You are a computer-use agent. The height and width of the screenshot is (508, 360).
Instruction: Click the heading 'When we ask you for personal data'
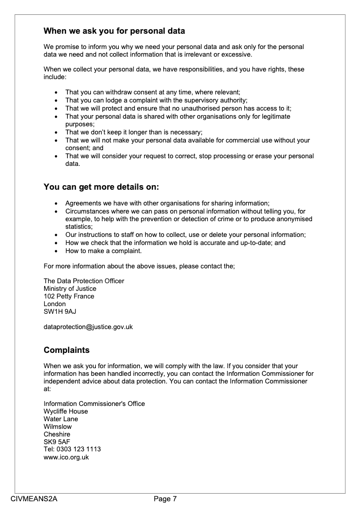114,31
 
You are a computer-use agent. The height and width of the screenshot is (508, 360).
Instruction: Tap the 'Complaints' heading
67,350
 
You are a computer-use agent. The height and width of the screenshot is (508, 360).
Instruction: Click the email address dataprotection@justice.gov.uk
88,327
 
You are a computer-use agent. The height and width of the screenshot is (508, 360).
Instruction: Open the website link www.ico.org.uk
66,457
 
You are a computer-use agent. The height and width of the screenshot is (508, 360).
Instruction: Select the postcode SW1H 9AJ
57,312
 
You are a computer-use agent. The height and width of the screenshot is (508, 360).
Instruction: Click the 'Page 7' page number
165,499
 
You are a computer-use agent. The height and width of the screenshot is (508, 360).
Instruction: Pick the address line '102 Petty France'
69,296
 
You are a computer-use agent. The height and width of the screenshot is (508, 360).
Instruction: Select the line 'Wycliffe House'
66,411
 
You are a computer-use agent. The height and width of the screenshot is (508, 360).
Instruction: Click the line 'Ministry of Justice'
70,289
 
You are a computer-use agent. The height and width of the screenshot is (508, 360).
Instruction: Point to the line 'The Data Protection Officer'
84,281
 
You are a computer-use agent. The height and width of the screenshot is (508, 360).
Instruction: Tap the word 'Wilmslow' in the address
58,427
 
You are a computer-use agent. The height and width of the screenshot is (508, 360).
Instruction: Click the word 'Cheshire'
57,434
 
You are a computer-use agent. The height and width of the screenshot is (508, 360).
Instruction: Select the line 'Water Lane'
61,419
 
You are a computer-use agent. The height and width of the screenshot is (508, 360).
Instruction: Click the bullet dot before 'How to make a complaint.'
56,251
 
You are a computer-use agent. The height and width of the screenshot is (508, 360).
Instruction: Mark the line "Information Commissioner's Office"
94,404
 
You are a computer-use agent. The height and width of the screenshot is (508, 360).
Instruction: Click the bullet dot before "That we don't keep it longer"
56,132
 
